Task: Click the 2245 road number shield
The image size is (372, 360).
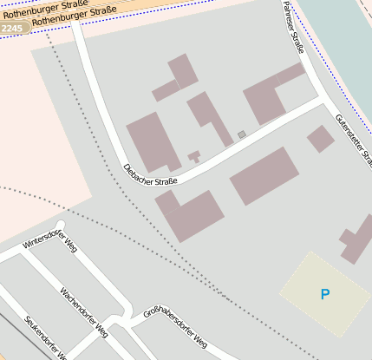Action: pyautogui.click(x=12, y=29)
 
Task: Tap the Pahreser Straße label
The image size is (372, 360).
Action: pyautogui.click(x=293, y=27)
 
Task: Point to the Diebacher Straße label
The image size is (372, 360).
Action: pyautogui.click(x=150, y=174)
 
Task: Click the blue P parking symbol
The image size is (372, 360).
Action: pyautogui.click(x=325, y=294)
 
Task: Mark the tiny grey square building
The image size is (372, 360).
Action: pyautogui.click(x=242, y=134)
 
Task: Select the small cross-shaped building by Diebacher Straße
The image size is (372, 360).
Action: pyautogui.click(x=194, y=156)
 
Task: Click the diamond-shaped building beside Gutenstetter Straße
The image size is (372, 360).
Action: pyautogui.click(x=320, y=139)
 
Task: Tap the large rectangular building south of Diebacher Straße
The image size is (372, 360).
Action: pyautogui.click(x=264, y=176)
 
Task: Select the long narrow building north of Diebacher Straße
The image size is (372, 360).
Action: pyautogui.click(x=208, y=116)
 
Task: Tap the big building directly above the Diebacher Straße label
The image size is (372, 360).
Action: pyautogui.click(x=153, y=141)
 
